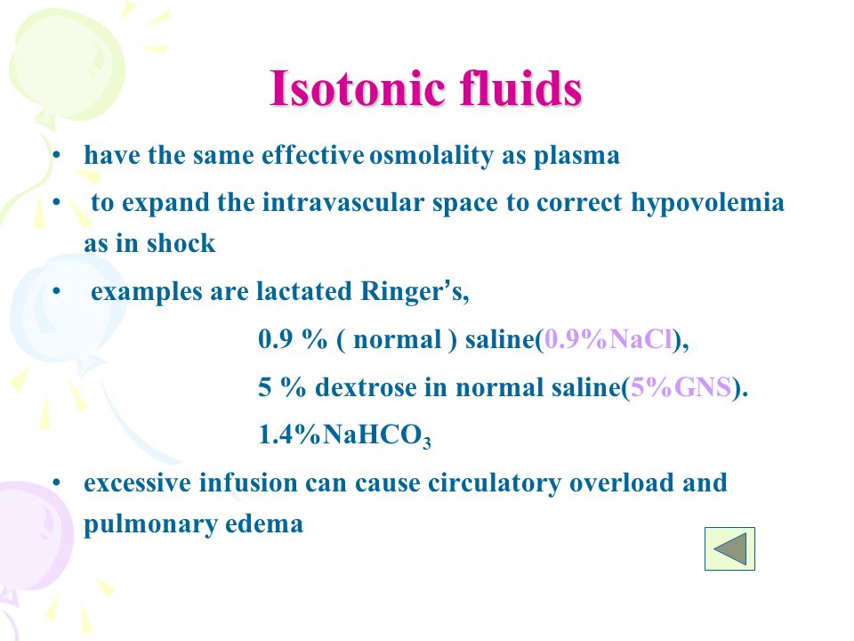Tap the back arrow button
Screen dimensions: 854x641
pyautogui.click(x=729, y=548)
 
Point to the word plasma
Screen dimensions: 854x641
pyautogui.click(x=576, y=156)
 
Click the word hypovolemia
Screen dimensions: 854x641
pyautogui.click(x=707, y=203)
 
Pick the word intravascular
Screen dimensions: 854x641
pyautogui.click(x=343, y=202)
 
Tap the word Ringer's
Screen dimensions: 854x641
pyautogui.click(x=414, y=292)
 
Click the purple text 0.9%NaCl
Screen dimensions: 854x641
pyautogui.click(x=608, y=339)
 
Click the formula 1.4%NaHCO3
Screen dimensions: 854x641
pyautogui.click(x=345, y=435)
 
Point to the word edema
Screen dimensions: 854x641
pyautogui.click(x=263, y=523)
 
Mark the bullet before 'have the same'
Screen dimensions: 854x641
pyautogui.click(x=56, y=156)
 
